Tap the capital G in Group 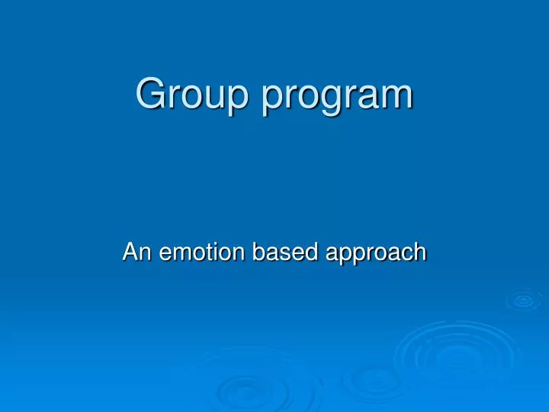coord(150,93)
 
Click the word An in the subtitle coord(138,252)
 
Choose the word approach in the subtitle coord(376,253)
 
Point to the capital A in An coord(130,252)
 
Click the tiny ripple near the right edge coord(524,301)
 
